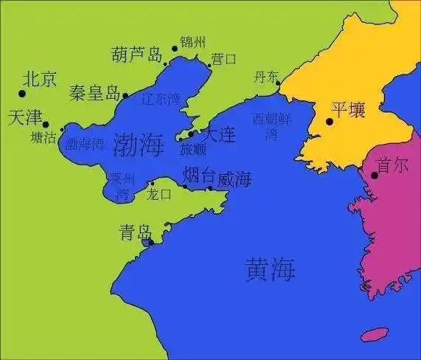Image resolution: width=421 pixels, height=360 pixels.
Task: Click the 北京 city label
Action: tap(40, 78)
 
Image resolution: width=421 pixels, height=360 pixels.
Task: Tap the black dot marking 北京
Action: tap(21, 93)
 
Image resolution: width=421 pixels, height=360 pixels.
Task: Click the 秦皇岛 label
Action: tap(94, 93)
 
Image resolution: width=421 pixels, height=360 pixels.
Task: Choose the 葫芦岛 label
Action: tap(136, 55)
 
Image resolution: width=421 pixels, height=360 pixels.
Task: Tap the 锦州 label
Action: tap(192, 41)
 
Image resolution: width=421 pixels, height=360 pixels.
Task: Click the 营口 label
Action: tap(224, 58)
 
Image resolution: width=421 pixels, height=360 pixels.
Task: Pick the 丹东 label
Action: tap(266, 76)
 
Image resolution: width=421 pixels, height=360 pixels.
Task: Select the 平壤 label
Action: tap(347, 110)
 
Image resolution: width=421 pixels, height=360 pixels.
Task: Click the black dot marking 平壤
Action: tap(330, 122)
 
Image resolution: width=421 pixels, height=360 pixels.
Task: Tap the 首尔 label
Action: tap(392, 166)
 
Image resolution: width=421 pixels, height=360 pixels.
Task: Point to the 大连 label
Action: tap(218, 134)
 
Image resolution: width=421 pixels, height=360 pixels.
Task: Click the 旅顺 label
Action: tap(193, 150)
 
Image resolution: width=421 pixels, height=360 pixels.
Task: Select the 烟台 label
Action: tap(199, 175)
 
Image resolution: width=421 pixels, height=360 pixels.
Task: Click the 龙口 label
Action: tap(159, 194)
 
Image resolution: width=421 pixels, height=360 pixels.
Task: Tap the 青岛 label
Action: tap(135, 233)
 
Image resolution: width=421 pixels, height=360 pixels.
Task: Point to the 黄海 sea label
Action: tap(270, 270)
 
